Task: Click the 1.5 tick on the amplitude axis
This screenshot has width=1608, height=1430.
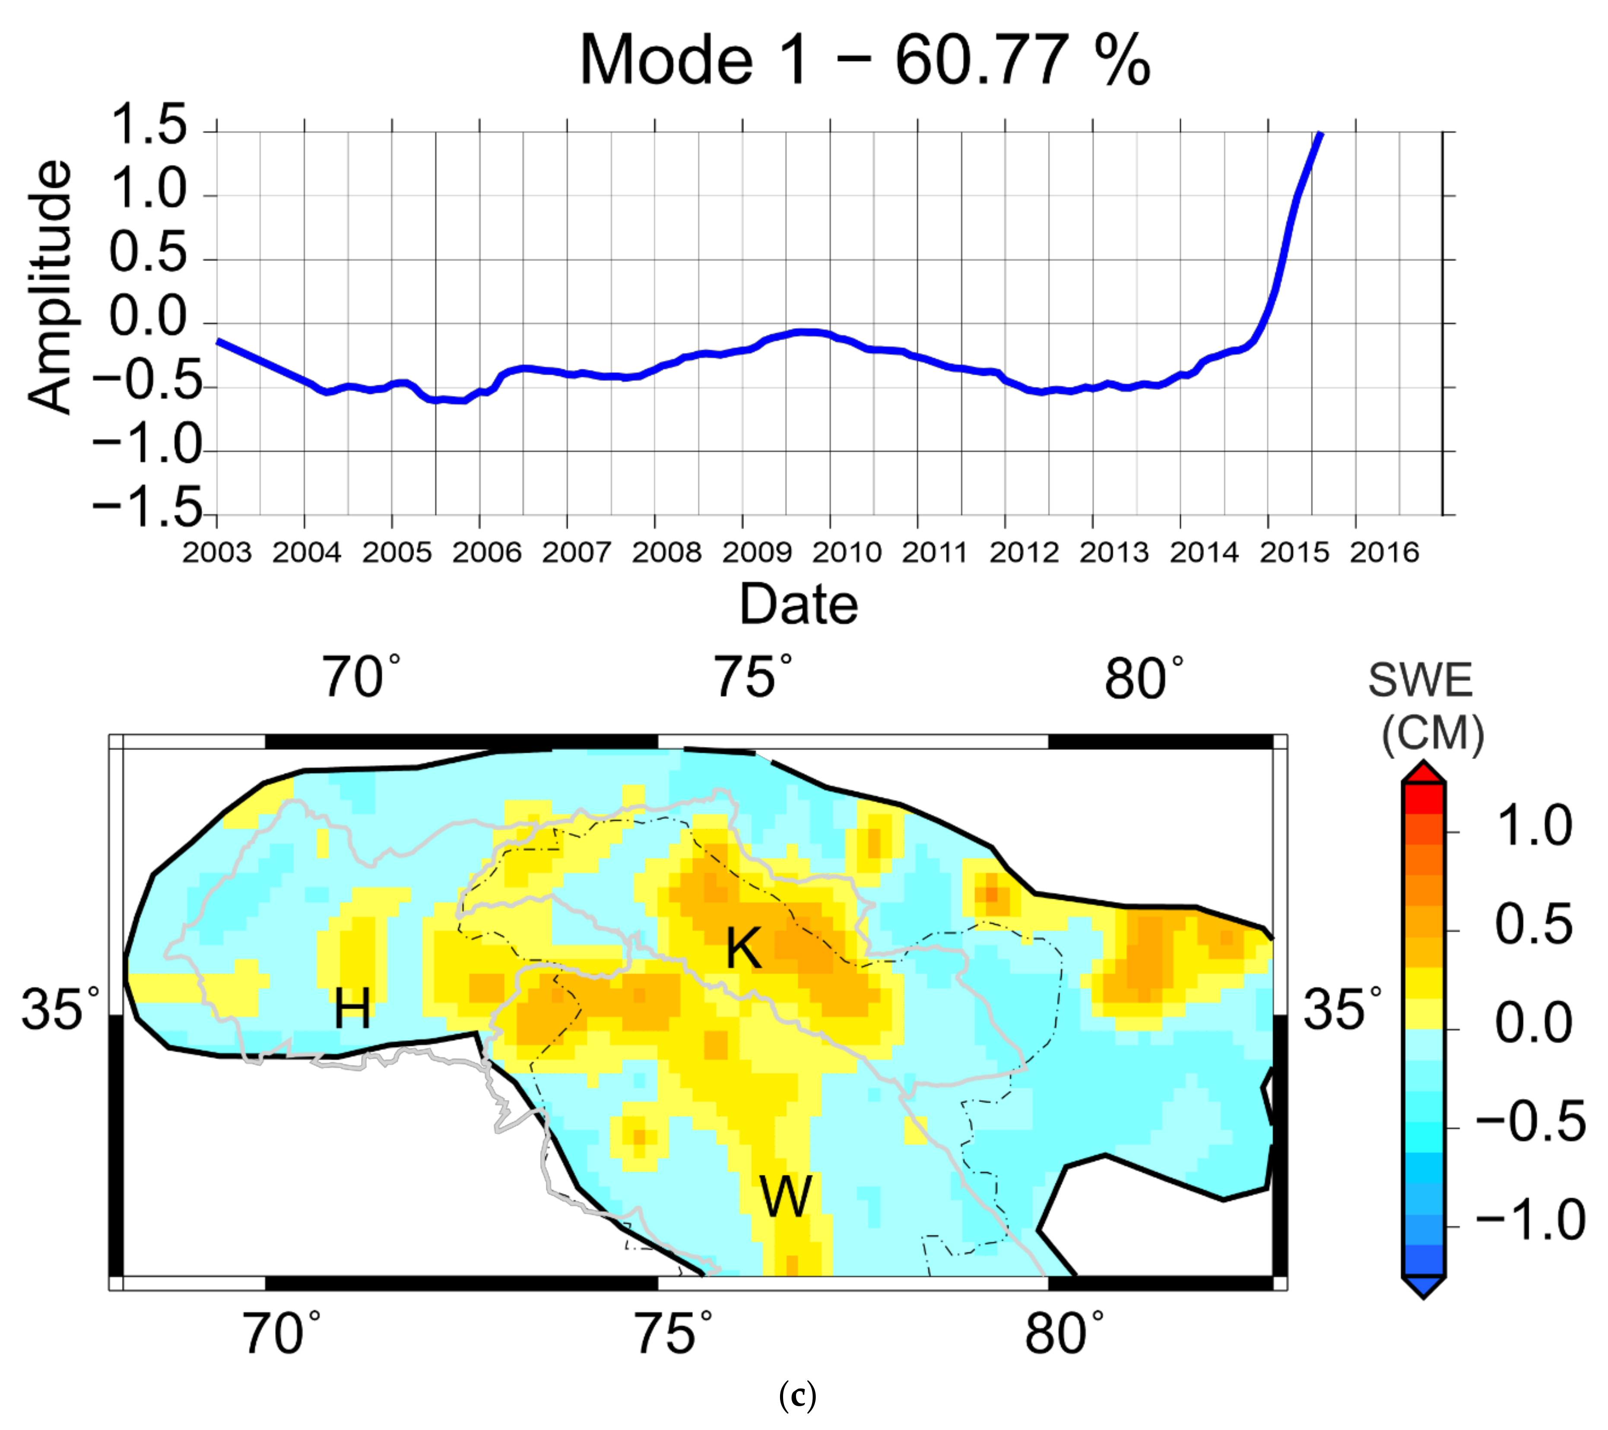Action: click(x=149, y=126)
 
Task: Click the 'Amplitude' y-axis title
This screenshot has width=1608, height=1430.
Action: click(x=49, y=287)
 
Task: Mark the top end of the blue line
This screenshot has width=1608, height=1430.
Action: click(x=1321, y=135)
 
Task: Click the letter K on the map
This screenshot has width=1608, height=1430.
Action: click(x=742, y=948)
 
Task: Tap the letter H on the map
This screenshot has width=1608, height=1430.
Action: click(x=352, y=1009)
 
